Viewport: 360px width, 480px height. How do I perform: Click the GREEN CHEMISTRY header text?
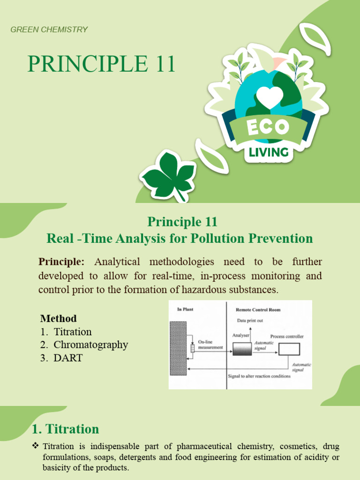49,30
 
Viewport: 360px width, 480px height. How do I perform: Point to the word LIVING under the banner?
269,152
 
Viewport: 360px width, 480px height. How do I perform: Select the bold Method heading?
58,319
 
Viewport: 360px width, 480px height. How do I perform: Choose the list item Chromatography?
90,345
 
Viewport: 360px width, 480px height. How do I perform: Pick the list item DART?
68,358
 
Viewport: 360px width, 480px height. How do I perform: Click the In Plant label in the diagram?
185,309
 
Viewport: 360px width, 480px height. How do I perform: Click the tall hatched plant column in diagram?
178,348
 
